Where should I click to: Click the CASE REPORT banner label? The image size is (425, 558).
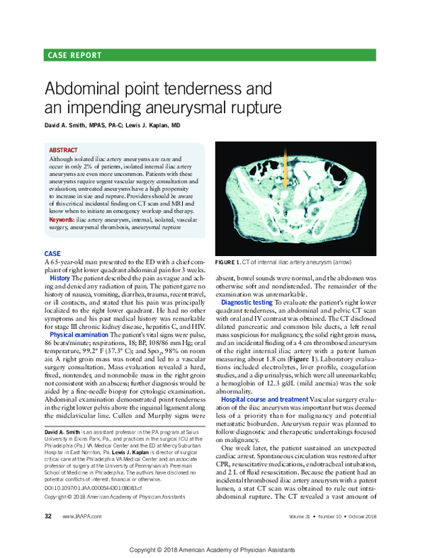click(74, 55)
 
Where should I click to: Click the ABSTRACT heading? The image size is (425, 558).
click(64, 151)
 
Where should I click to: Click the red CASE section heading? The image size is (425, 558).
click(52, 253)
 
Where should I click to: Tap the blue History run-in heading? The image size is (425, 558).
click(59, 278)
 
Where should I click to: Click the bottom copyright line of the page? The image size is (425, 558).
click(212, 550)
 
